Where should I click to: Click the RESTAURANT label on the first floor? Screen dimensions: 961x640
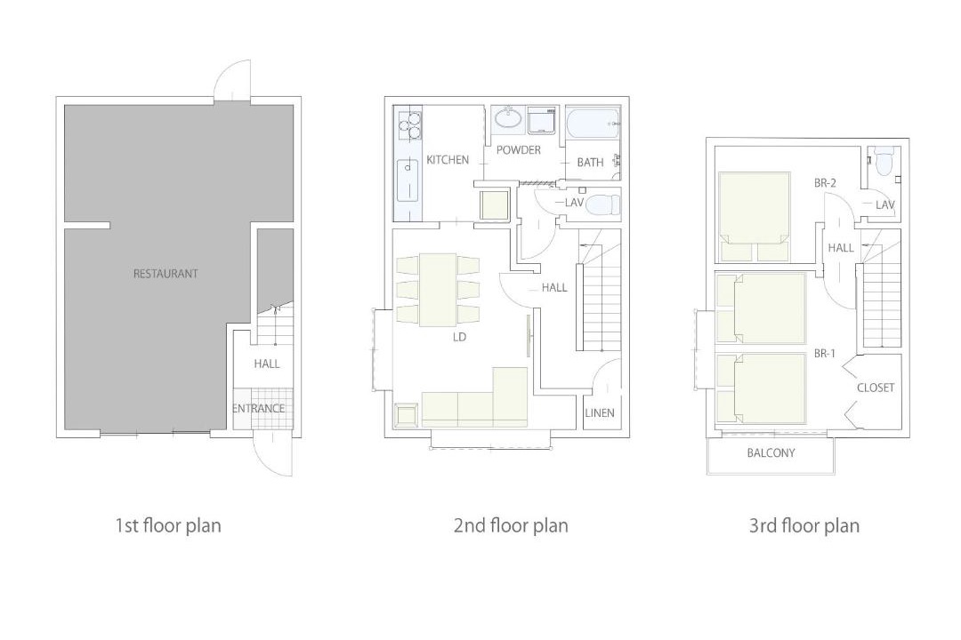[x=166, y=274]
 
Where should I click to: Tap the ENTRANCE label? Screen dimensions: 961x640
[x=258, y=408]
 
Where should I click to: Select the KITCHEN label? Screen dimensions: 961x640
[x=448, y=160]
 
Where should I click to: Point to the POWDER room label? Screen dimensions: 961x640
[x=519, y=149]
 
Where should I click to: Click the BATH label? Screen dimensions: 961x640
[x=590, y=163]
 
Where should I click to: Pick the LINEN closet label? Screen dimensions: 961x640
[x=600, y=412]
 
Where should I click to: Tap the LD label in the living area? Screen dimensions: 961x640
[x=459, y=337]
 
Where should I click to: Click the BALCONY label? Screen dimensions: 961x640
[x=771, y=452]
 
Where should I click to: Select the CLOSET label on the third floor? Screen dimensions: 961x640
[x=876, y=388]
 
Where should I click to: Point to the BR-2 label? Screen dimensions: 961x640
[x=825, y=182]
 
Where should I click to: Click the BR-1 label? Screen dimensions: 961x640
[x=824, y=354]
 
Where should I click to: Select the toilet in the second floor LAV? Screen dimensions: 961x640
[x=602, y=204]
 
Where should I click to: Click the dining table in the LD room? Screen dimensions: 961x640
[x=438, y=290]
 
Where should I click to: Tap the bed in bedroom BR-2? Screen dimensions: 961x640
[x=754, y=217]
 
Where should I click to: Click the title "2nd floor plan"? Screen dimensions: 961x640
[x=511, y=525]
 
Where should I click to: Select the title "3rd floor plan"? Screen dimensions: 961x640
[x=804, y=525]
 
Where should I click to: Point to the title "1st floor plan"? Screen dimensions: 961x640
[x=168, y=525]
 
